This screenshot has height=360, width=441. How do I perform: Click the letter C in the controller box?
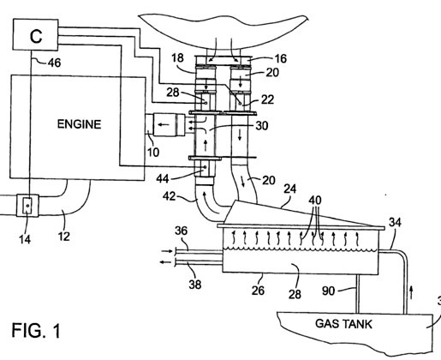(x=36, y=36)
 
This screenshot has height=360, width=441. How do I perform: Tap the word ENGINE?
(x=79, y=124)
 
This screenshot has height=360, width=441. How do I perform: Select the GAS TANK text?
(x=343, y=324)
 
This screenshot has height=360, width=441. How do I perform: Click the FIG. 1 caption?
(x=36, y=330)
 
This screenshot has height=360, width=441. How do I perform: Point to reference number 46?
(x=54, y=63)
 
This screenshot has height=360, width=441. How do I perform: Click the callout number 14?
(x=25, y=239)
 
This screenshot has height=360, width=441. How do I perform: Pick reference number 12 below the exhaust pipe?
(x=64, y=237)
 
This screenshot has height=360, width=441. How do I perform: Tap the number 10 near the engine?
(x=153, y=153)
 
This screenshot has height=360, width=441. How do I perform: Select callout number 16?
(x=280, y=58)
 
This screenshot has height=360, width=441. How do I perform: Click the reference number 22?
(x=267, y=99)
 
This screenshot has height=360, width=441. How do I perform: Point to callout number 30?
(x=262, y=126)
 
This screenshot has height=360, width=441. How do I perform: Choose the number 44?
(x=163, y=179)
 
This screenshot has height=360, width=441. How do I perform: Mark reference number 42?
(x=169, y=196)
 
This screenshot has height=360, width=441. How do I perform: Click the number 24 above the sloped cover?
(x=289, y=189)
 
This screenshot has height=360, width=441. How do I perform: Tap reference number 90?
(x=328, y=291)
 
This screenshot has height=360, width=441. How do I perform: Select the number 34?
(x=395, y=222)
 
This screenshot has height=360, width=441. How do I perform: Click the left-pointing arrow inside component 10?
(x=164, y=124)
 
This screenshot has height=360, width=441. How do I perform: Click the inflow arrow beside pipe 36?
(x=167, y=251)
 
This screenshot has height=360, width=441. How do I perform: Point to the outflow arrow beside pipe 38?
(x=165, y=261)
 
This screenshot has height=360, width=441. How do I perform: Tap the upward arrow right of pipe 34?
(x=411, y=293)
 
